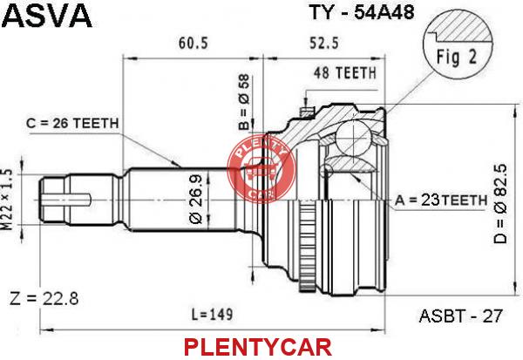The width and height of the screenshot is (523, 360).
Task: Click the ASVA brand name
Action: [x=46, y=16]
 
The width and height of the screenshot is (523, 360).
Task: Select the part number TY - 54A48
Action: [x=363, y=12]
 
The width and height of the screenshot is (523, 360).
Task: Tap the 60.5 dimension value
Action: [x=194, y=43]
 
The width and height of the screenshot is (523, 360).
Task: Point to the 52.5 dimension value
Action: [x=324, y=43]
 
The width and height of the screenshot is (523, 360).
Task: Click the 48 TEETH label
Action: [x=345, y=72]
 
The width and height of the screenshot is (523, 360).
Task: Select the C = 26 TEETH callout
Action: [x=72, y=124]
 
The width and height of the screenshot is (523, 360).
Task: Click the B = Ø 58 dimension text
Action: [x=244, y=102]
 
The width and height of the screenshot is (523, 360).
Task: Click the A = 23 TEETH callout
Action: [x=441, y=200]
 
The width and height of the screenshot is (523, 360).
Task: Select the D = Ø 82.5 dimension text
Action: [x=500, y=203]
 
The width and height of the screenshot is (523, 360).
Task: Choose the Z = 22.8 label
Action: [x=44, y=298]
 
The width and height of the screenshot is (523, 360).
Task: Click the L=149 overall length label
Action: [x=212, y=315]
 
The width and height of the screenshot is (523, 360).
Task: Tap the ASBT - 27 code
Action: [x=460, y=316]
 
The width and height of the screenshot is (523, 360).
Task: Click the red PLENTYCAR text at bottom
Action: [x=258, y=347]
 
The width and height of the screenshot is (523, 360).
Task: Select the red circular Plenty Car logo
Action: [x=261, y=169]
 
